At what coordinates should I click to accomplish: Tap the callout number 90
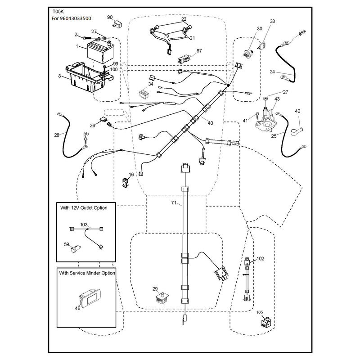point(110,17)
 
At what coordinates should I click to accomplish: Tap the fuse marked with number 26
point(103,120)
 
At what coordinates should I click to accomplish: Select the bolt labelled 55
point(85,141)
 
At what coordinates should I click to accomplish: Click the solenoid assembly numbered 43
point(265,118)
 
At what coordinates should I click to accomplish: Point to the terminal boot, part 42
point(297,132)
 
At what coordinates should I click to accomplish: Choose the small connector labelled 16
point(126,183)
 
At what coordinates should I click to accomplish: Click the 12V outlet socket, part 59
point(75,249)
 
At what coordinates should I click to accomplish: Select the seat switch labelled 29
point(162,298)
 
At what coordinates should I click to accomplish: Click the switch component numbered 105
point(266,322)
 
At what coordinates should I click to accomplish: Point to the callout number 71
point(174,203)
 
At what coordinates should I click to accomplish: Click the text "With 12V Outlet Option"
point(84,208)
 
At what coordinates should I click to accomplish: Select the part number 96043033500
point(76,18)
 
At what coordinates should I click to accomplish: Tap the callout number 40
point(210,123)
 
